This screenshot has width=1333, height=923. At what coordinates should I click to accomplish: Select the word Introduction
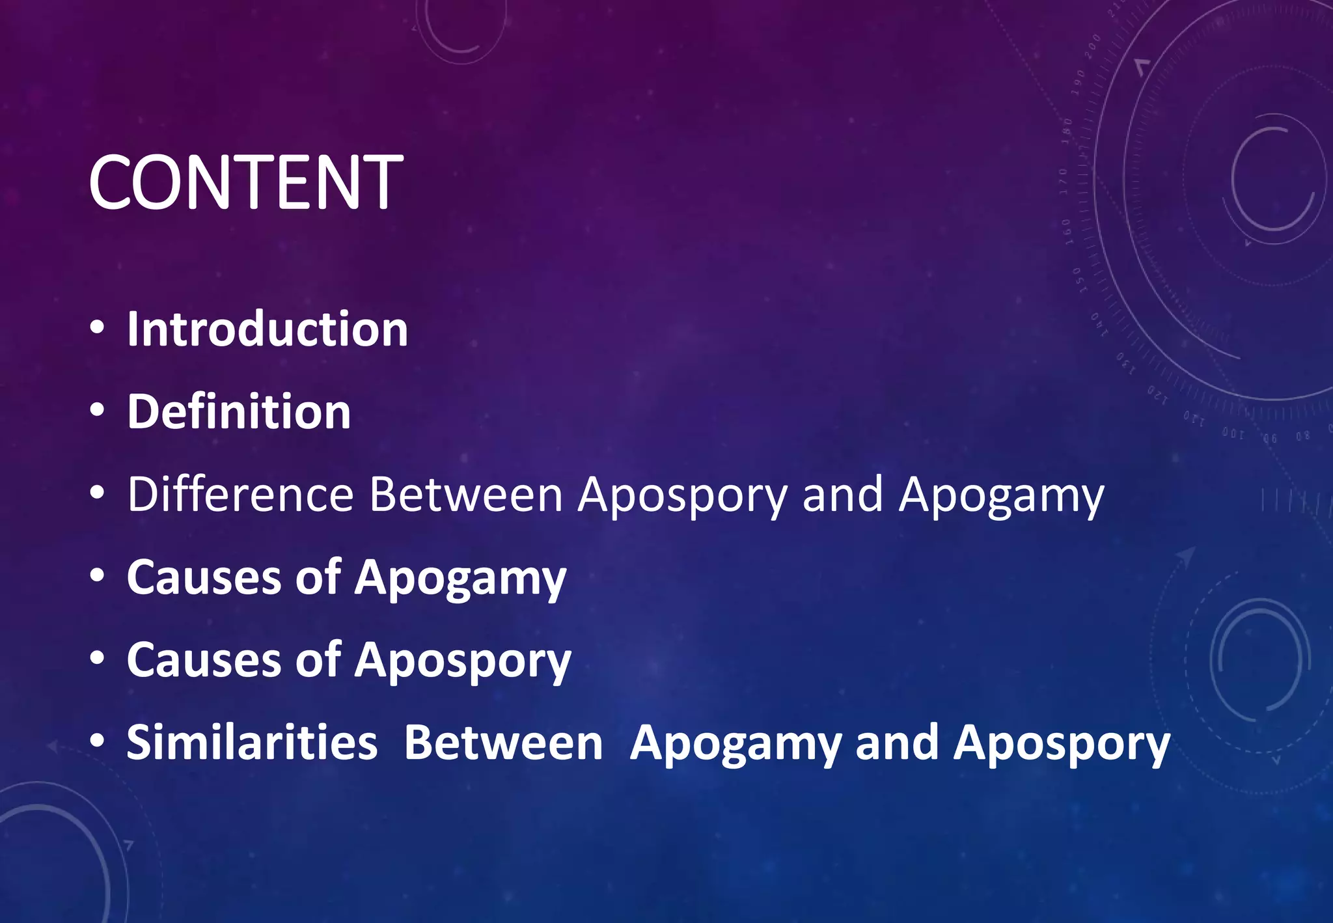coord(267,329)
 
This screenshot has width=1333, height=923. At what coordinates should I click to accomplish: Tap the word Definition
coord(239,412)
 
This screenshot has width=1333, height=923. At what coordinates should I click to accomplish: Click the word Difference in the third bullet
coord(240,495)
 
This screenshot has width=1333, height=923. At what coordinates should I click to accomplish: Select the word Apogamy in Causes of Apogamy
coord(460,579)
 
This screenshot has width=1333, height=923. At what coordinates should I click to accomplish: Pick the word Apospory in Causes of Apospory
coord(462,661)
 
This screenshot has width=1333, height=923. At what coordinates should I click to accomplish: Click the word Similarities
coord(252,743)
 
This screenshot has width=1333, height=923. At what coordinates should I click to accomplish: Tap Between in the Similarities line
coord(503,743)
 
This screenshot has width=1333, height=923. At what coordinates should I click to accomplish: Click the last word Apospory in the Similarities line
coord(1061,744)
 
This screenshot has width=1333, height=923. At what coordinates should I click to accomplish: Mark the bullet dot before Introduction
coord(97,328)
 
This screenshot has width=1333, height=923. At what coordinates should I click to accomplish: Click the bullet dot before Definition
coord(97,411)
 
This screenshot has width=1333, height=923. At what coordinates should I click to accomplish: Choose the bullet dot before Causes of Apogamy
coord(97,576)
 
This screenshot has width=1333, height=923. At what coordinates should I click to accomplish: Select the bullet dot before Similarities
coord(97,741)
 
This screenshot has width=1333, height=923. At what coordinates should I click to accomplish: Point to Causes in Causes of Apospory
coord(204,660)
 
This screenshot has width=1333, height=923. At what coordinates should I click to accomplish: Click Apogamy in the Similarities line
coord(735,744)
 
